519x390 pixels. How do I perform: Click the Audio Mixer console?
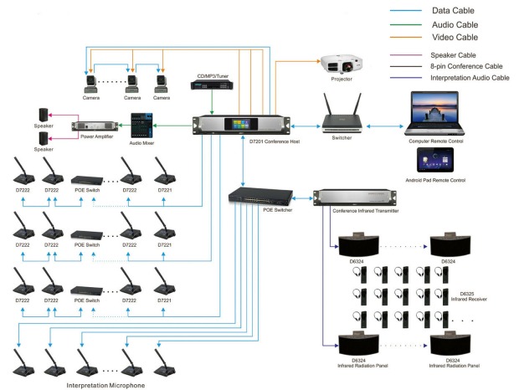point(143,126)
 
